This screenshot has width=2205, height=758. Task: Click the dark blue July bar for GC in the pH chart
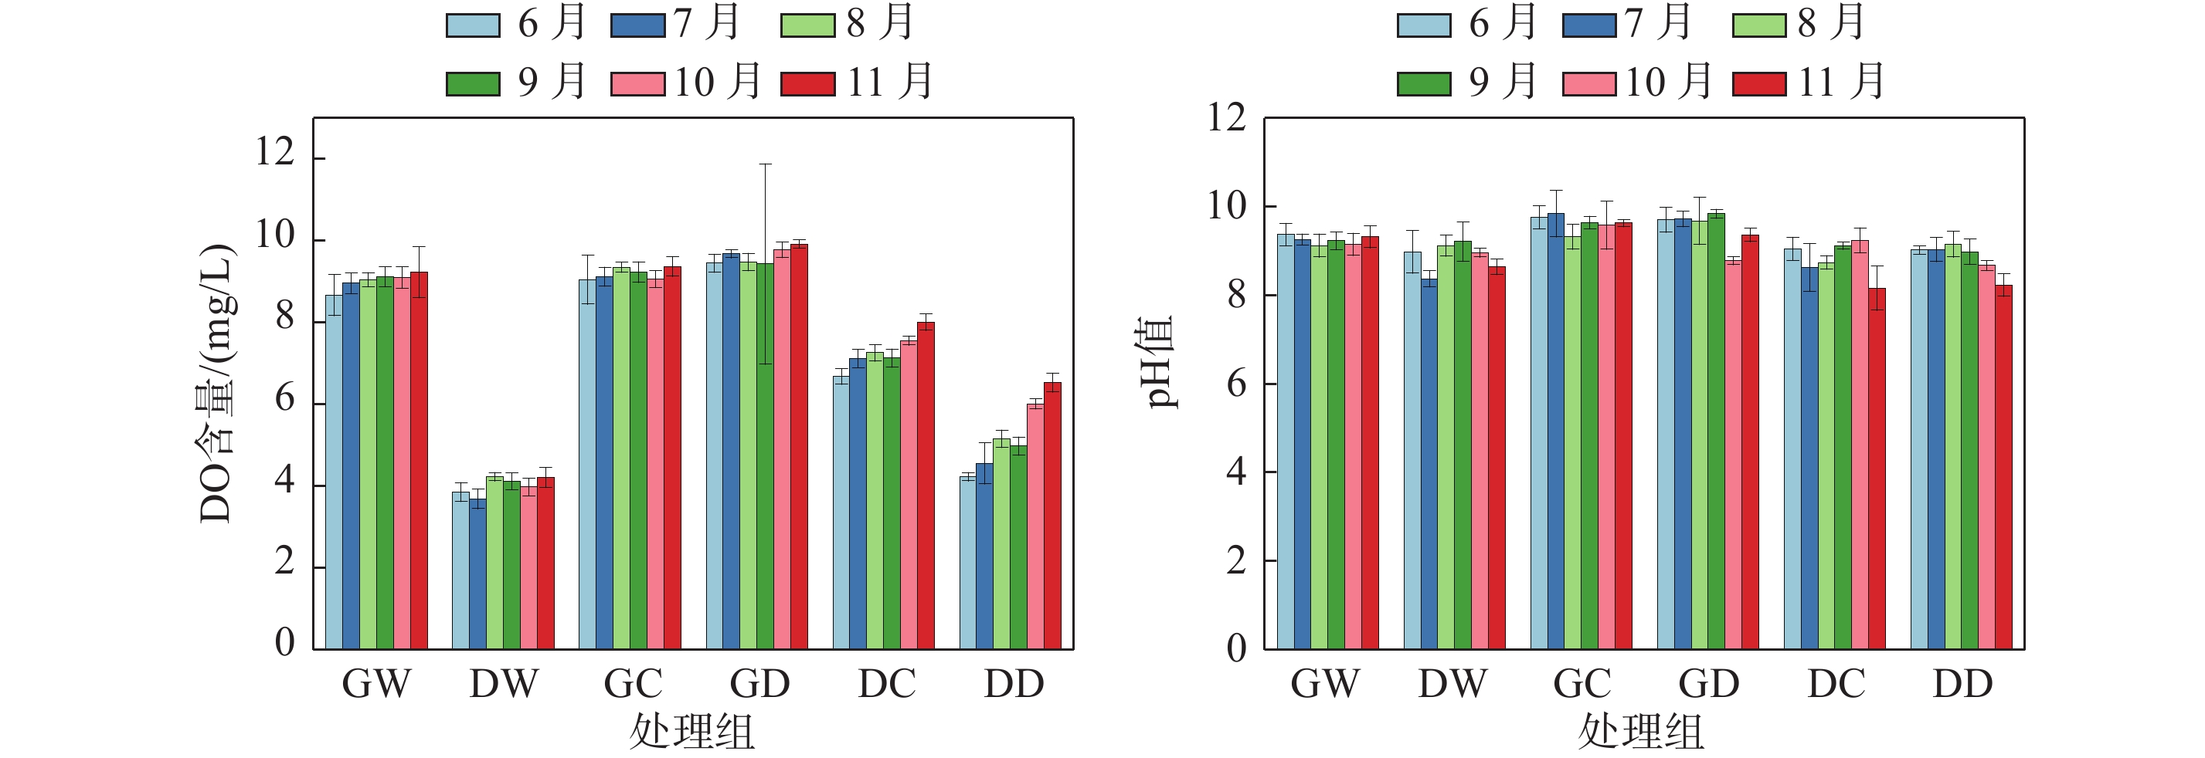1555,431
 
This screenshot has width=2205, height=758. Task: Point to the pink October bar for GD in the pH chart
1732,455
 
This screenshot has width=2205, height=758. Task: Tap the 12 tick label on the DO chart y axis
275,154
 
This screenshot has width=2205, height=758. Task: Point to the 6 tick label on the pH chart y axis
1236,384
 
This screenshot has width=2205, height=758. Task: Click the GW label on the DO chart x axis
375,684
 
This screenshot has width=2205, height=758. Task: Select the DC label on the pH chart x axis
1836,684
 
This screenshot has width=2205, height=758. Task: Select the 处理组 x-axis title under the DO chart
691,733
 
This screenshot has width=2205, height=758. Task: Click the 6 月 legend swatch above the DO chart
473,25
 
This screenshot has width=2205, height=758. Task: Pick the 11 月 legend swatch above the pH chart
1759,84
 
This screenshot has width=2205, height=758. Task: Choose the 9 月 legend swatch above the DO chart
473,84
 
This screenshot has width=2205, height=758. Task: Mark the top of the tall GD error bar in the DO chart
764,164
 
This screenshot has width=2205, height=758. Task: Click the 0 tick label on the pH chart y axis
1236,648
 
